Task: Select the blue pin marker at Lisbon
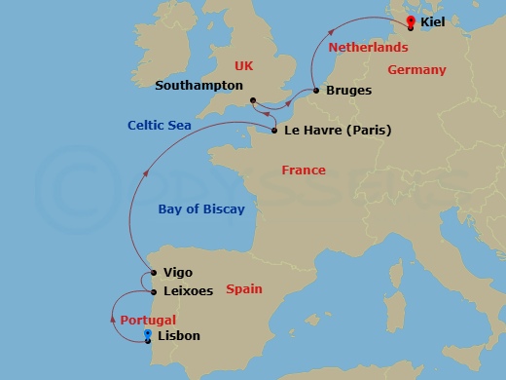[x=147, y=336]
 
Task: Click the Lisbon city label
[x=178, y=336]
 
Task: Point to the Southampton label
[x=199, y=86]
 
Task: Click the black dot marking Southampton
[x=251, y=100]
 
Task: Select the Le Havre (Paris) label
[x=338, y=129]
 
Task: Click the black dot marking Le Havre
[x=274, y=130]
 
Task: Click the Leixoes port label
[x=189, y=291]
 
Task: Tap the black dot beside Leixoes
[x=153, y=291]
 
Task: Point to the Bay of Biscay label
[x=201, y=209]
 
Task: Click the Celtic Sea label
[x=160, y=126]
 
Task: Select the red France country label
[x=304, y=171]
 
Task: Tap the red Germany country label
[x=416, y=70]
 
